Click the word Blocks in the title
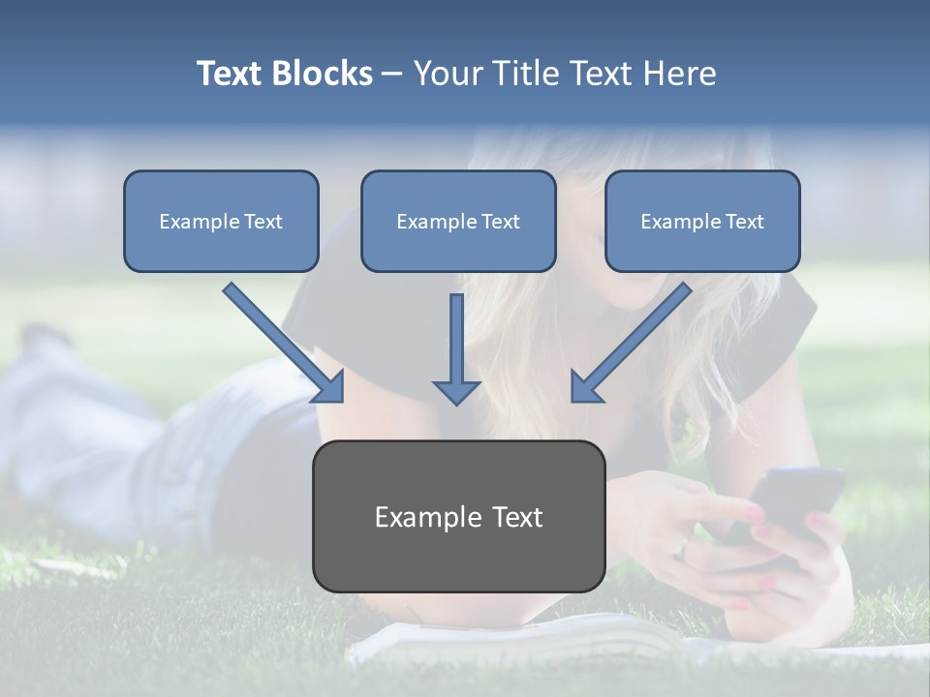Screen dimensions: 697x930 click(323, 74)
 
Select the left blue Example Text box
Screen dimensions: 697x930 click(221, 221)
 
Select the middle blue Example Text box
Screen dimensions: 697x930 click(458, 221)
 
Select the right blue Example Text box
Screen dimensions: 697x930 click(702, 221)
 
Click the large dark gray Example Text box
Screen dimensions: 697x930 click(458, 516)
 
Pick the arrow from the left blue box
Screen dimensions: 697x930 click(286, 344)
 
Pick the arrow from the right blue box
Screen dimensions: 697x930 click(630, 344)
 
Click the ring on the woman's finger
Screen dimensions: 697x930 click(683, 550)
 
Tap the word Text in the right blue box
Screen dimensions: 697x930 click(745, 222)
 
